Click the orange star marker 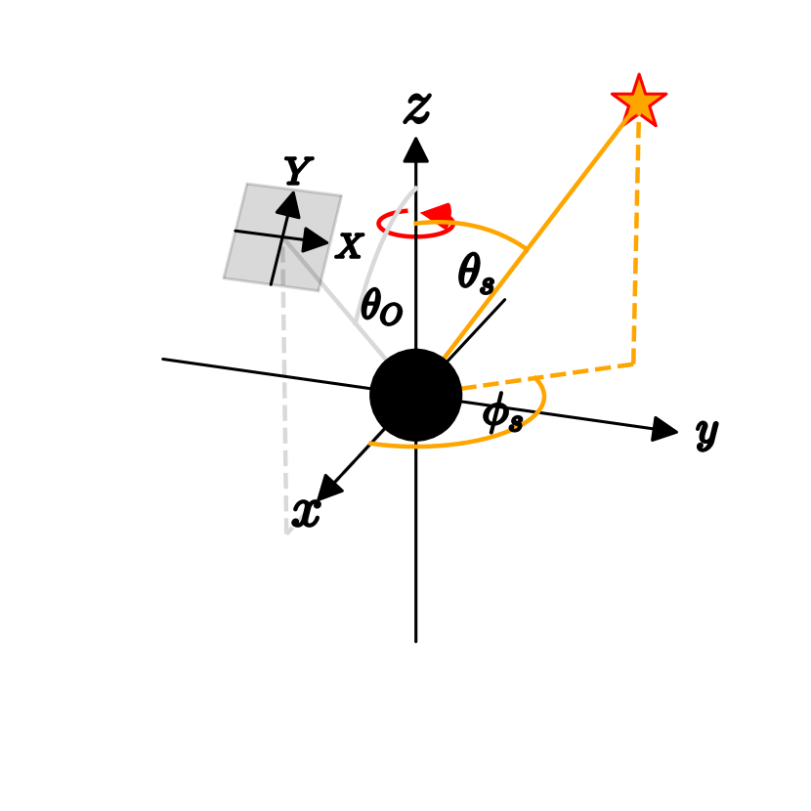coord(639,101)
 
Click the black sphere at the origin coord(415,395)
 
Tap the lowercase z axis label coord(417,107)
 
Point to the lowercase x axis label coord(307,512)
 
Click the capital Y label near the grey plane coord(297,172)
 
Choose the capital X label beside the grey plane coord(349,246)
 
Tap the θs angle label coord(476,277)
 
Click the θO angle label coord(380,308)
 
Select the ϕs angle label coord(502,415)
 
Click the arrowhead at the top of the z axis coord(416,150)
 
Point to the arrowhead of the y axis coord(664,429)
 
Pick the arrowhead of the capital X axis coord(316,239)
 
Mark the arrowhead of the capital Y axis coord(288,202)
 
